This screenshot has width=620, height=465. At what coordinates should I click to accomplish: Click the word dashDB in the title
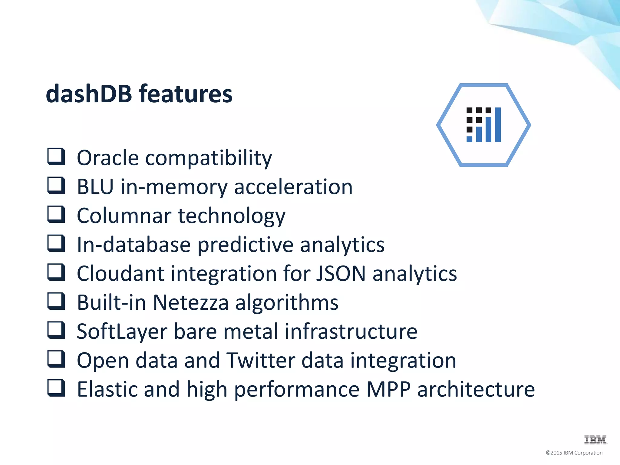pyautogui.click(x=89, y=94)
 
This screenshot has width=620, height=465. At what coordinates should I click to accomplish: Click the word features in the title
pyautogui.click(x=186, y=94)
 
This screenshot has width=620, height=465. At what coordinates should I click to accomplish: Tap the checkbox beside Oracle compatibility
pyautogui.click(x=56, y=157)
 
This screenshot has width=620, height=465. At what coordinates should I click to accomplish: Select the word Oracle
pyautogui.click(x=107, y=158)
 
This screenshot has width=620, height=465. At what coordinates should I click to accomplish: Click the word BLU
pyautogui.click(x=95, y=187)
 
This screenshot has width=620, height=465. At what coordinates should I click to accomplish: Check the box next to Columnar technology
pyautogui.click(x=56, y=214)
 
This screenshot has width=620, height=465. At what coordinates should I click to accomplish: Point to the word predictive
pyautogui.click(x=246, y=245)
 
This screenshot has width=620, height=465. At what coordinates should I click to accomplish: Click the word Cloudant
pyautogui.click(x=120, y=273)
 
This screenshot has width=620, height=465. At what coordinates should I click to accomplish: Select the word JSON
pyautogui.click(x=341, y=273)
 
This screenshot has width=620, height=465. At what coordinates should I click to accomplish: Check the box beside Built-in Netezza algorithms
pyautogui.click(x=56, y=301)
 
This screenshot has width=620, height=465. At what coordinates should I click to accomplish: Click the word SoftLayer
pyautogui.click(x=122, y=331)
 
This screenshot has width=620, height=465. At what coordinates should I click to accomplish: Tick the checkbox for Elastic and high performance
pyautogui.click(x=56, y=388)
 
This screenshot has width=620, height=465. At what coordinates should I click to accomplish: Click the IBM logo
pyautogui.click(x=595, y=440)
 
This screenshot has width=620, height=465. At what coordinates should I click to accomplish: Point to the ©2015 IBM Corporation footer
pyautogui.click(x=574, y=453)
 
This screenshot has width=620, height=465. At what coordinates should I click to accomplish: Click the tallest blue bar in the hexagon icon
pyautogui.click(x=498, y=124)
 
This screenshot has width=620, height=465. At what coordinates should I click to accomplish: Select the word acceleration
pyautogui.click(x=293, y=187)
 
